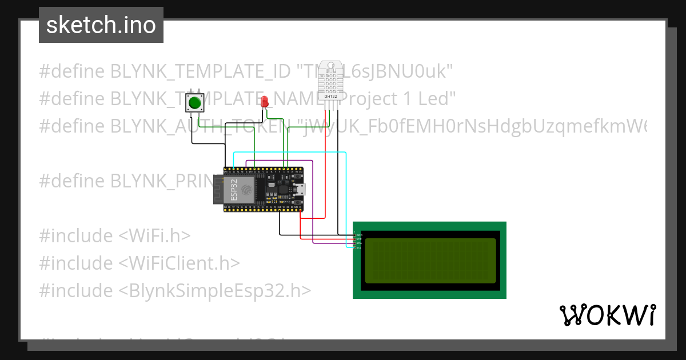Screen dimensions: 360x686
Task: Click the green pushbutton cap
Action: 196,103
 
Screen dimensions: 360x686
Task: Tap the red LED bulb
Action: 264,102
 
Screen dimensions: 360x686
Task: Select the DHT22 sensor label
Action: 330,97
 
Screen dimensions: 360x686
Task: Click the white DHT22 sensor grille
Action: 331,77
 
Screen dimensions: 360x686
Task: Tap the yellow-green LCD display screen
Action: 430,261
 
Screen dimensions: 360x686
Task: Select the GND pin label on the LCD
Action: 358,235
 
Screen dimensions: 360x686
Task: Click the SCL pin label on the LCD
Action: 358,247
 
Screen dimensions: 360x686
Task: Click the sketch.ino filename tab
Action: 101,25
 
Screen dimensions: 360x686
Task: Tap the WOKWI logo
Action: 607,315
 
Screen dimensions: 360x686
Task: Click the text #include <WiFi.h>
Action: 114,235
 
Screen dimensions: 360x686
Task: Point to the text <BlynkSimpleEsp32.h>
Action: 215,290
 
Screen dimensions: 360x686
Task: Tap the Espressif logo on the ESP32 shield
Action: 246,189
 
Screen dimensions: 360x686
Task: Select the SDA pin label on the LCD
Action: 358,243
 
